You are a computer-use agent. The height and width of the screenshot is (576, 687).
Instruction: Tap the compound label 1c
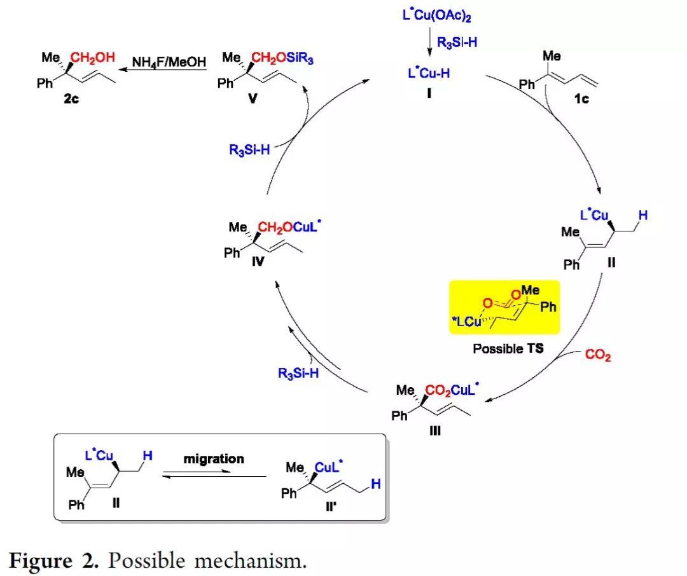point(581,99)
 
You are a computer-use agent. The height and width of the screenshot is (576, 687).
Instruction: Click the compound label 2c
point(71,100)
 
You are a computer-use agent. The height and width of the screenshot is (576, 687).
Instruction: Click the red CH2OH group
point(93,57)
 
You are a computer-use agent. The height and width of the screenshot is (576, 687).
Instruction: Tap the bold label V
point(253,100)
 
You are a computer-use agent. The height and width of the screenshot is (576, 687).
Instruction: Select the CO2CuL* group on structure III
point(454,389)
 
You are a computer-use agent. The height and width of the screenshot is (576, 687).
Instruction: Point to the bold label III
point(435,430)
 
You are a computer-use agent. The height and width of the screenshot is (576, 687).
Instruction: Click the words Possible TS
point(508,348)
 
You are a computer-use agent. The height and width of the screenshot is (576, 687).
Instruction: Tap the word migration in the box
point(214,458)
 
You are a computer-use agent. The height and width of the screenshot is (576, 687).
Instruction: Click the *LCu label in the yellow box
point(467,323)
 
